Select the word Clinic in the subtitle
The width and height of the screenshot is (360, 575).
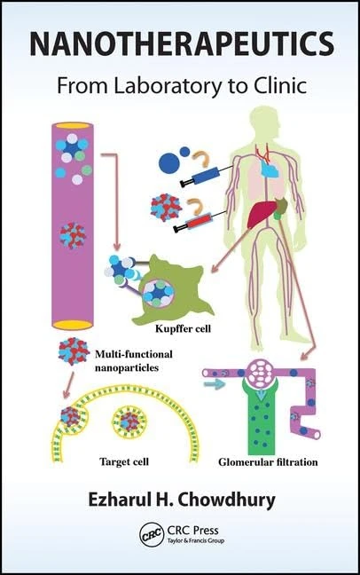pyautogui.click(x=275, y=88)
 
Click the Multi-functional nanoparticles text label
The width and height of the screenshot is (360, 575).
pyautogui.click(x=133, y=358)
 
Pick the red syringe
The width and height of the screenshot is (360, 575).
pyautogui.click(x=199, y=224)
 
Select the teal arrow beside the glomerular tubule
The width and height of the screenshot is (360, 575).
pyautogui.click(x=213, y=385)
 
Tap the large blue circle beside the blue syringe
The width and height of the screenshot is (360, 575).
pyautogui.click(x=168, y=162)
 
